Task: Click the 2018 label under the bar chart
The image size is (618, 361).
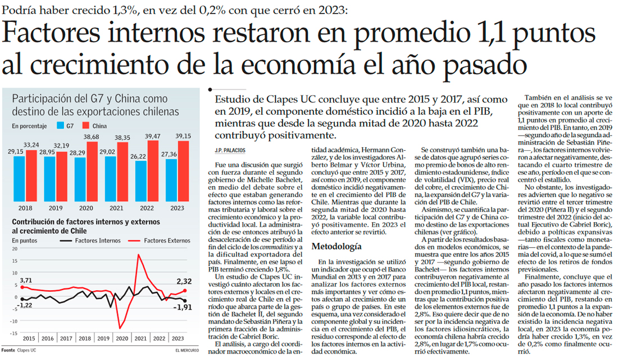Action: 26,208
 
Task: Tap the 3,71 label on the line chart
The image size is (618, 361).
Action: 26,281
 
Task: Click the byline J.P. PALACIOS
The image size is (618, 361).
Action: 231,151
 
